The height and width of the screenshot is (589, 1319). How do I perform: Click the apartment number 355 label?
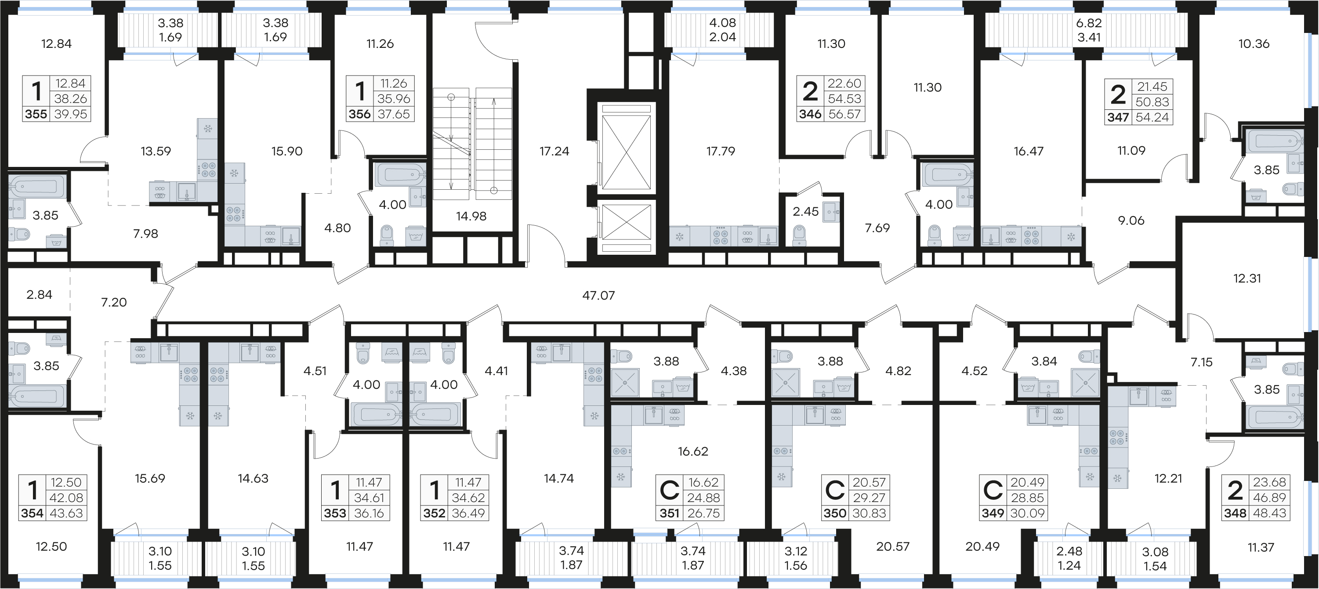click(x=36, y=114)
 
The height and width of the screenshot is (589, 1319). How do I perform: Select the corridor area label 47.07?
click(x=598, y=295)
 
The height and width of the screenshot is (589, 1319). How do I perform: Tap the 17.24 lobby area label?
click(x=554, y=151)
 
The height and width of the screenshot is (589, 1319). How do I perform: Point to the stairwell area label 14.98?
click(x=471, y=216)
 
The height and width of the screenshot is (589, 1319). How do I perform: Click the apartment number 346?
click(x=810, y=114)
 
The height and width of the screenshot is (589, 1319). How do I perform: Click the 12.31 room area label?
click(x=1247, y=278)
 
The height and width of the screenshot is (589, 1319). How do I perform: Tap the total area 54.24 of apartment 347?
click(x=1152, y=117)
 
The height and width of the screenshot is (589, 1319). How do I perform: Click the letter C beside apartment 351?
click(x=669, y=490)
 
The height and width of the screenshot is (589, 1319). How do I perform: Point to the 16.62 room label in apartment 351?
click(x=693, y=452)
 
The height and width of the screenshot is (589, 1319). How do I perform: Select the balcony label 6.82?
click(x=1089, y=23)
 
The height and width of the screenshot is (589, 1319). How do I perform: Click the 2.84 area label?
click(x=40, y=294)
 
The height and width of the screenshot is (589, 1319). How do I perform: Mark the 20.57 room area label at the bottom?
click(x=892, y=546)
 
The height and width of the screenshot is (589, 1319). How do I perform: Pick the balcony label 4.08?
click(x=722, y=23)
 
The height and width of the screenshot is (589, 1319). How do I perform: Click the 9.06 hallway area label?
click(x=1131, y=220)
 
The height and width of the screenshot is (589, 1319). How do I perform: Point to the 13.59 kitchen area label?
click(x=156, y=151)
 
